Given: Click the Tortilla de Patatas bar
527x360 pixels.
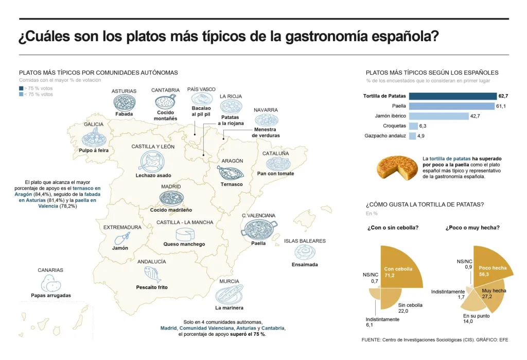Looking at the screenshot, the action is click(x=453, y=96).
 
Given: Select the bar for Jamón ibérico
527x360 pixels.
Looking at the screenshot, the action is click(x=438, y=116).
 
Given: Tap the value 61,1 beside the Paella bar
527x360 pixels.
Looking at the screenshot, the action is click(x=501, y=106).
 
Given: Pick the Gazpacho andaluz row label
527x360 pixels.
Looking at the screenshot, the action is click(x=385, y=136).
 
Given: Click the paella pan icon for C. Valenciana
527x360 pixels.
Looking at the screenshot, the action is click(x=259, y=229).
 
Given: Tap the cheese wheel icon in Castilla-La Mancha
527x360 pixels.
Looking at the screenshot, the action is click(x=185, y=234).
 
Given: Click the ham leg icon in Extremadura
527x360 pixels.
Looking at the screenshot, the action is click(x=121, y=238).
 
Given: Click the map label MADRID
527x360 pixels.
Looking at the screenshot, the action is click(x=171, y=187).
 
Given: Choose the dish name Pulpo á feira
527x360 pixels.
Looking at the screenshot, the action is click(x=94, y=150).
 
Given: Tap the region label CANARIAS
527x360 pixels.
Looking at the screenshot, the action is click(x=50, y=270).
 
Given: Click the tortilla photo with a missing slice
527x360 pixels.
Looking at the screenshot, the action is click(x=397, y=167).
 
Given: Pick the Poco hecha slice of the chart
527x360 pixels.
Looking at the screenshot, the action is click(x=493, y=266).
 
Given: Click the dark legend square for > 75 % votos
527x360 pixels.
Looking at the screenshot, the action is click(x=21, y=89).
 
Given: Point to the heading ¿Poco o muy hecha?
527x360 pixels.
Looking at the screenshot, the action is click(x=472, y=228).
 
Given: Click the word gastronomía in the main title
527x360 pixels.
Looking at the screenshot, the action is click(x=326, y=37).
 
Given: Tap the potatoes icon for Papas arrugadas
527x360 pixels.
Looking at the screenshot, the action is click(x=51, y=283).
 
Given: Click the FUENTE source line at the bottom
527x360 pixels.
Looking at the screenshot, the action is click(x=435, y=340).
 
